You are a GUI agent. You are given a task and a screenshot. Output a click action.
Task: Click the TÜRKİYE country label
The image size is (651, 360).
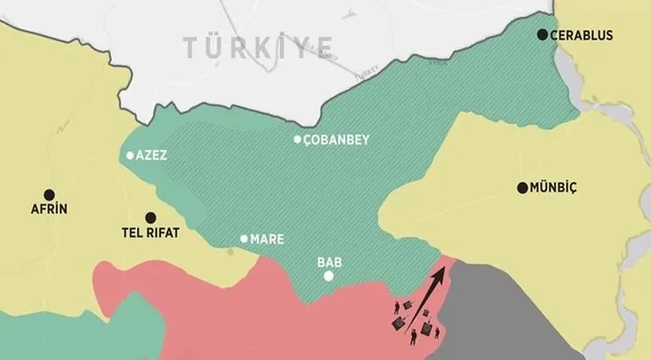(x=258, y=44)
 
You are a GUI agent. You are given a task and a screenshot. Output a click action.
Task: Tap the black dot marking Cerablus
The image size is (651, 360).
(x=542, y=35)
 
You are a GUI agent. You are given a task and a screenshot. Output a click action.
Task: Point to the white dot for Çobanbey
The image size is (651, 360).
(x=297, y=139)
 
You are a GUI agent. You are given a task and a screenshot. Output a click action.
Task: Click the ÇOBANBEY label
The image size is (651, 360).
(x=336, y=140)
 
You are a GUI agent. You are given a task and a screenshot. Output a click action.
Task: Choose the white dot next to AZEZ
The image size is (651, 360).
(x=131, y=156)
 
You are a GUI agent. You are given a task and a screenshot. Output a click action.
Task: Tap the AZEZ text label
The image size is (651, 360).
(x=155, y=156)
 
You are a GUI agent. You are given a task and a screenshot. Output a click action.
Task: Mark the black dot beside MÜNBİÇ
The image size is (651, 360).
(x=522, y=188)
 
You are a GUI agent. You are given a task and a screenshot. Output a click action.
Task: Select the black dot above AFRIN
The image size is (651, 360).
(x=51, y=193)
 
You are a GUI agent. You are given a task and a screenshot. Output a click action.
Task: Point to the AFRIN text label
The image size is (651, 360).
(x=50, y=209)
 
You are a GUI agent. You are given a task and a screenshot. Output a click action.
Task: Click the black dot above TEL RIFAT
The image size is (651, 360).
(x=150, y=217)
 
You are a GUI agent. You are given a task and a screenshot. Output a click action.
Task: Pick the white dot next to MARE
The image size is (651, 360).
(x=243, y=239)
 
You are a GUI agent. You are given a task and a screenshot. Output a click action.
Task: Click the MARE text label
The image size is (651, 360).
(x=269, y=240)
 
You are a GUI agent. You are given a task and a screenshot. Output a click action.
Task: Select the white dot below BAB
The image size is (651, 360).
(x=328, y=276)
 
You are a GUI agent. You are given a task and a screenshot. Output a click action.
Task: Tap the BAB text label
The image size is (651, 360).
(x=328, y=261)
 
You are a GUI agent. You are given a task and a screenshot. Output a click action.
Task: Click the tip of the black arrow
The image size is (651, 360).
(x=444, y=268)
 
